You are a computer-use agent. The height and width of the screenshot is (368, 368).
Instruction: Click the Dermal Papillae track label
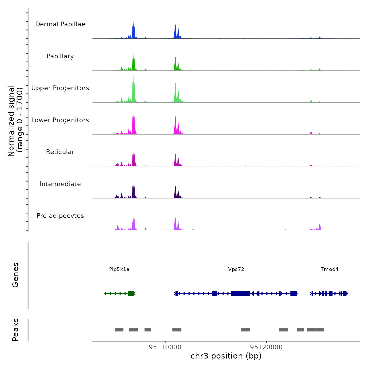[x=60, y=24]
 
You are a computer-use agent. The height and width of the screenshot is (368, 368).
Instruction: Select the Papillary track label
[x=60, y=56]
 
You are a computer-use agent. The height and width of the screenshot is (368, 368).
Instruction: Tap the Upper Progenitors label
[x=60, y=88]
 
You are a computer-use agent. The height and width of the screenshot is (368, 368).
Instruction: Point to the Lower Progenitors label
[x=60, y=120]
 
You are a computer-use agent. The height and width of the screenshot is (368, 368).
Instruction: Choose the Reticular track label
[x=60, y=152]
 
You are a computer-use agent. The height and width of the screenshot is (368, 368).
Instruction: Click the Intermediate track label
[x=60, y=184]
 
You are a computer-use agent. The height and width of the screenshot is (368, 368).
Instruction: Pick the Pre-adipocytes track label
[x=60, y=216]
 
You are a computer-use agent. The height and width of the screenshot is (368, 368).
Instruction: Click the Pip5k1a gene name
[x=119, y=269]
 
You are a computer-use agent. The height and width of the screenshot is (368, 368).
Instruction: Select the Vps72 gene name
[x=236, y=269]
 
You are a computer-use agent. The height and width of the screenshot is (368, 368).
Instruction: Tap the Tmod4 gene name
[x=329, y=269]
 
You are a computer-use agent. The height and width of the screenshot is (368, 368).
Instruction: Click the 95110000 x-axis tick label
[x=165, y=347]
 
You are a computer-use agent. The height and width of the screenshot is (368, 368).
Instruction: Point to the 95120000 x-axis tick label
[x=266, y=347]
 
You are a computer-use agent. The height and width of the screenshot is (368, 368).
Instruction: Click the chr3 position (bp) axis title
[x=226, y=356]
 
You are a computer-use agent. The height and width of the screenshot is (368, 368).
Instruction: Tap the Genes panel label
[x=16, y=275]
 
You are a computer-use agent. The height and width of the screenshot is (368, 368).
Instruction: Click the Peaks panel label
[x=16, y=330]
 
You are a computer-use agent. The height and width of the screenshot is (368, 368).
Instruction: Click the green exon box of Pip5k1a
[x=131, y=293]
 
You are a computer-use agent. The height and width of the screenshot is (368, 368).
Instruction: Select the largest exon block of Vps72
[x=240, y=293]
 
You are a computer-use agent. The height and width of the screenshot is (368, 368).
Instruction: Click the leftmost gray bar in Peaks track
[x=119, y=330]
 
